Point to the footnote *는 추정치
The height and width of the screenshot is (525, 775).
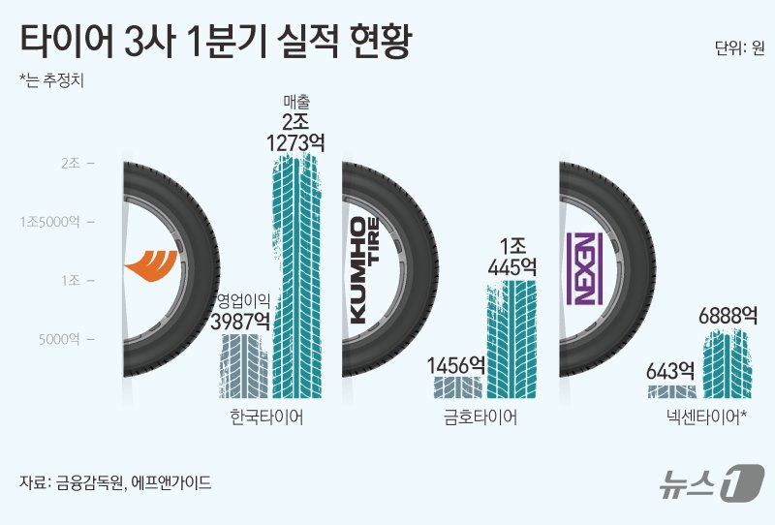(x=52, y=80)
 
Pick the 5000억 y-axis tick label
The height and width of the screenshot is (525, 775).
(x=67, y=339)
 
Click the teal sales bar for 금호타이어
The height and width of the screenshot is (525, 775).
(x=511, y=338)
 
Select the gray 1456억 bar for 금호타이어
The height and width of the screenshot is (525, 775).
(x=456, y=387)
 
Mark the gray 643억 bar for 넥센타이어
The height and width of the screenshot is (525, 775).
(x=671, y=391)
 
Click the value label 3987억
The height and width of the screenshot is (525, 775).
(x=242, y=319)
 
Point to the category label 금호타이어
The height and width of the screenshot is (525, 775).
(x=480, y=418)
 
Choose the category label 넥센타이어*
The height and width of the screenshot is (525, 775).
(x=702, y=418)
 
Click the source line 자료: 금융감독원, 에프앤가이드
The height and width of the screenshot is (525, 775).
(x=115, y=481)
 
